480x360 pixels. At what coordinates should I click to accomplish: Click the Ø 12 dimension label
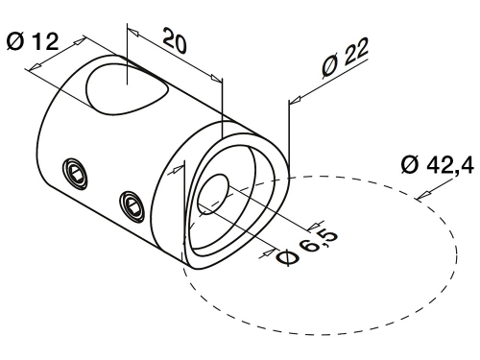(x=33, y=41)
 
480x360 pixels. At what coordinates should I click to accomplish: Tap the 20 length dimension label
(x=175, y=40)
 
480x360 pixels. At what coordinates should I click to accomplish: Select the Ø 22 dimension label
(x=345, y=58)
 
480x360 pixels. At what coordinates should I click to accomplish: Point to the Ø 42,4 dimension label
(x=438, y=165)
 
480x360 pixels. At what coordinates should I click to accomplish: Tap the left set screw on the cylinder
(x=76, y=174)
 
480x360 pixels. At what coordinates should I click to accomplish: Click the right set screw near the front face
(x=132, y=206)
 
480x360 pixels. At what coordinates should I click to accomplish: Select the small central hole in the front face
(x=213, y=193)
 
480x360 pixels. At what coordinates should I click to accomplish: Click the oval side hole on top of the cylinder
(x=127, y=89)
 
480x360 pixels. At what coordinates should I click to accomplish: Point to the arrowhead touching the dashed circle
(x=424, y=194)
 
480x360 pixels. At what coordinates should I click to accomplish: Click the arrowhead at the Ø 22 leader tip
(x=295, y=100)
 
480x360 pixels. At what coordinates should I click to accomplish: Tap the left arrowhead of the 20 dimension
(x=132, y=32)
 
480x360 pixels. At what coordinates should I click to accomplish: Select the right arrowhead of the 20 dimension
(x=216, y=78)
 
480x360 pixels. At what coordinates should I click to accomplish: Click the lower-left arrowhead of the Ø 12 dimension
(x=36, y=66)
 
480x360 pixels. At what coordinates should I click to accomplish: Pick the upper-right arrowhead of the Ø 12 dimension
(x=80, y=40)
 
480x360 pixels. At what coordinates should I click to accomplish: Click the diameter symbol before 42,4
(x=410, y=165)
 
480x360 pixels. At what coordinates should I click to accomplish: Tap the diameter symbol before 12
(x=15, y=41)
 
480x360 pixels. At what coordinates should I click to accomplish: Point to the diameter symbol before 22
(x=330, y=67)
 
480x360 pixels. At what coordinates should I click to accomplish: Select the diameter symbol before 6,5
(x=287, y=257)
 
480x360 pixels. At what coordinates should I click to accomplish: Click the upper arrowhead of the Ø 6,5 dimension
(x=314, y=227)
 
